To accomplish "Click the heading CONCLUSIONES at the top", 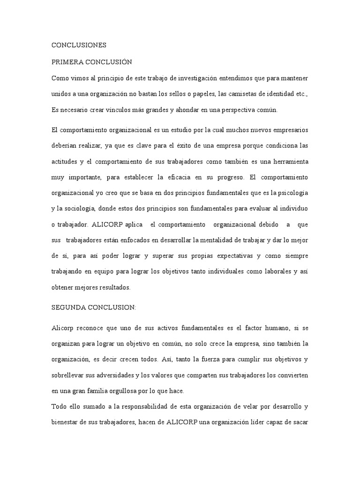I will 79,45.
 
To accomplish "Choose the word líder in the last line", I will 265,422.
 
